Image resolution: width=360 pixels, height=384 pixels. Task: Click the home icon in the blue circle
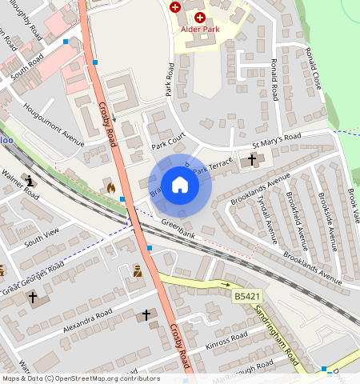[180, 186]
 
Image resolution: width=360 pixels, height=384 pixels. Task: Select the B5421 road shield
[246, 297]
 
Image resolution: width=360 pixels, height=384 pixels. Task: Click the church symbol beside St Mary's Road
[252, 159]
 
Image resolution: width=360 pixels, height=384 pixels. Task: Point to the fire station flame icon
[110, 186]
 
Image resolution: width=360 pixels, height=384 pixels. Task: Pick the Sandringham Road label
[277, 332]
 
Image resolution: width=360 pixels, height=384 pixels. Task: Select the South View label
[42, 237]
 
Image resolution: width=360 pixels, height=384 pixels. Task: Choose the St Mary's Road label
[276, 141]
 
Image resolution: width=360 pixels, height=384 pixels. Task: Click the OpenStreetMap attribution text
[80, 378]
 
